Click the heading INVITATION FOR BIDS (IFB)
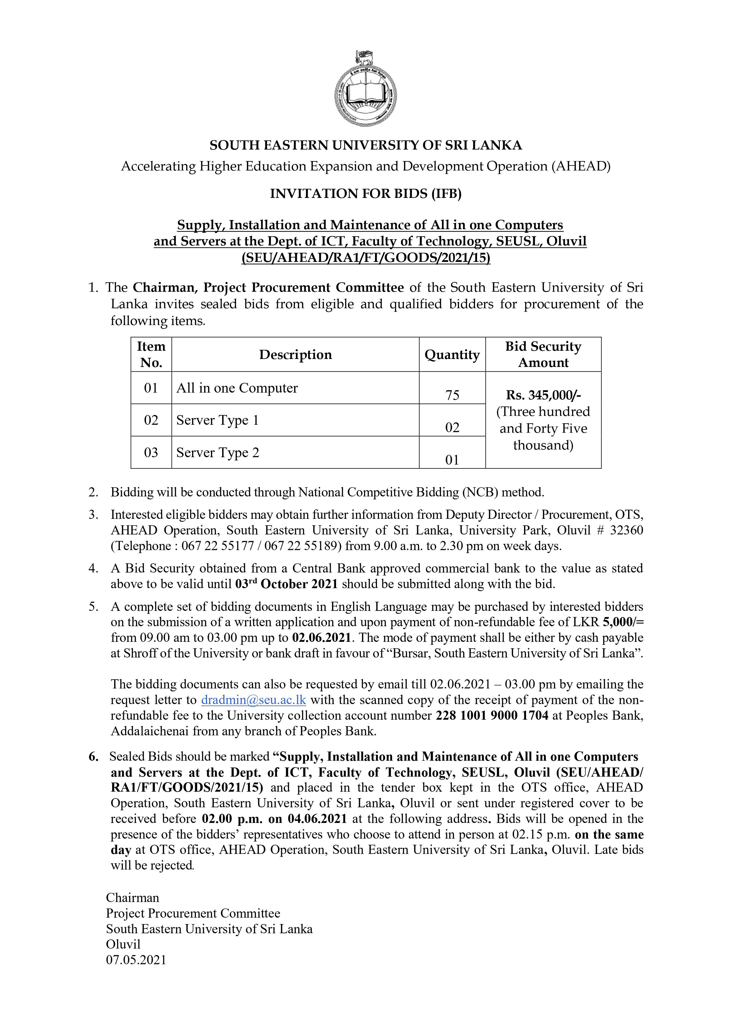366,194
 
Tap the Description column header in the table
295,355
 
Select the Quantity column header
452,355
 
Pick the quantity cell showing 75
452,395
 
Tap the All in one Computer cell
237,388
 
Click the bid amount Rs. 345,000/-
543,395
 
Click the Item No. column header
151,355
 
